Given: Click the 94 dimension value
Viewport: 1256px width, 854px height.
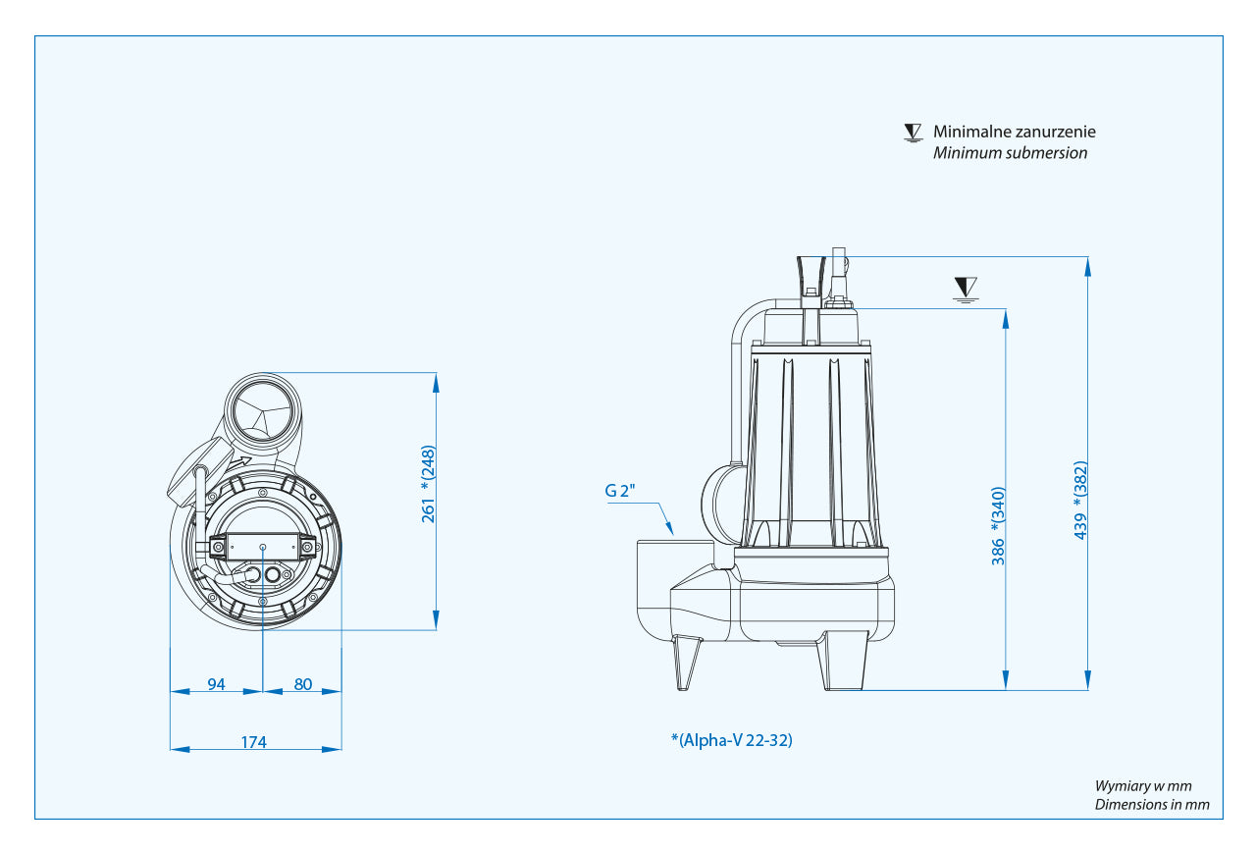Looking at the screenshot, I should [x=216, y=684].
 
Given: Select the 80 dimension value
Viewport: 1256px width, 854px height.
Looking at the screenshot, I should [x=303, y=684].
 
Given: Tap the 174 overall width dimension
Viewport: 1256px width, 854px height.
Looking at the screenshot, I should [x=254, y=742].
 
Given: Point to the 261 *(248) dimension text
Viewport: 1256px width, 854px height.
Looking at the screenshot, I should [x=429, y=484].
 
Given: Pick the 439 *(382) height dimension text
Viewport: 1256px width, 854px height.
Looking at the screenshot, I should [x=1080, y=500].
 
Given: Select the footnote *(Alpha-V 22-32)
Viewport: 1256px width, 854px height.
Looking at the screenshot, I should [x=731, y=740].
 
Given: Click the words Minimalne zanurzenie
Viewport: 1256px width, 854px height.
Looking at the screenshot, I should [x=1014, y=132].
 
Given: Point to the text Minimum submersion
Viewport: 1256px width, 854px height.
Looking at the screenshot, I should [x=1010, y=153].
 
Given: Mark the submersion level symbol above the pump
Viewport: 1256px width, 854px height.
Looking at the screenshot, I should [x=966, y=289].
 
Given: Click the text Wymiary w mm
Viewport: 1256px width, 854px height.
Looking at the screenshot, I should [x=1143, y=785].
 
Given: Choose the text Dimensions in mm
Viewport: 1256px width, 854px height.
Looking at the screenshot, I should [x=1152, y=805].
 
